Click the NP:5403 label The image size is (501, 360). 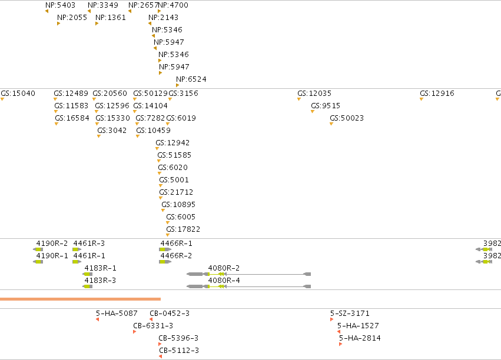click(61, 5)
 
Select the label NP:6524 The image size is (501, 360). click(191, 79)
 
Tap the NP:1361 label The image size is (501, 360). click(111, 18)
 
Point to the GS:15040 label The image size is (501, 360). click(18, 94)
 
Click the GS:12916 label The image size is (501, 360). click(437, 94)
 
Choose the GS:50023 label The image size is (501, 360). click(347, 118)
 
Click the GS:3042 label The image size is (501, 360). click(112, 131)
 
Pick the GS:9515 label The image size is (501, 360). click(326, 106)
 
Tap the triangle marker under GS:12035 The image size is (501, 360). click(299, 99)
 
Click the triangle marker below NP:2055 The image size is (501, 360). click(58, 24)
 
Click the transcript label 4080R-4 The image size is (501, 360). click(224, 281)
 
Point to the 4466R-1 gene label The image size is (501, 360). click(177, 244)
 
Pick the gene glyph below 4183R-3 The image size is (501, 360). click(88, 286)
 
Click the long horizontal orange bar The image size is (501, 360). click(80, 299)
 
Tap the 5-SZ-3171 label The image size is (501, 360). click(350, 314)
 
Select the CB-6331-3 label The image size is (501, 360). click(153, 326)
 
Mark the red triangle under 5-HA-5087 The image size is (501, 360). click(98, 319)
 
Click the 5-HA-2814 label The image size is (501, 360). click(360, 338)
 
